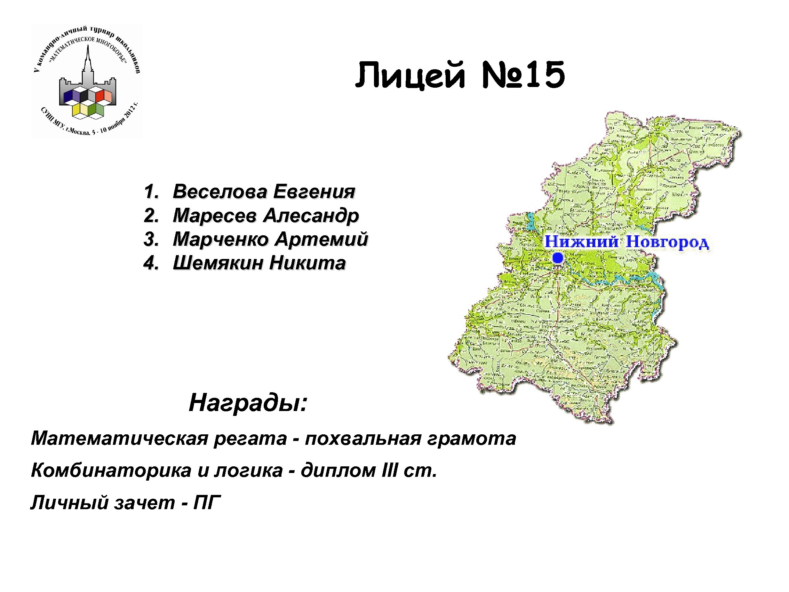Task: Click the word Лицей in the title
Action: pyautogui.click(x=410, y=76)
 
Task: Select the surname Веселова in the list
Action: pyautogui.click(x=220, y=192)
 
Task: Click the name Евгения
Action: pyautogui.click(x=314, y=192)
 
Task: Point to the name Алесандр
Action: pyautogui.click(x=311, y=215)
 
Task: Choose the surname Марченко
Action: pyautogui.click(x=221, y=239)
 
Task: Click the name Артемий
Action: pyautogui.click(x=322, y=239)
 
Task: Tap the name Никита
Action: pyautogui.click(x=308, y=263)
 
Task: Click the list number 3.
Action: pyautogui.click(x=151, y=239)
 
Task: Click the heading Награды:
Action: pyautogui.click(x=248, y=403)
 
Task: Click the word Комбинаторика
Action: pyautogui.click(x=111, y=471)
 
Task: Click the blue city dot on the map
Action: pyautogui.click(x=558, y=258)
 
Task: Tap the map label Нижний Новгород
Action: pyautogui.click(x=626, y=242)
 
